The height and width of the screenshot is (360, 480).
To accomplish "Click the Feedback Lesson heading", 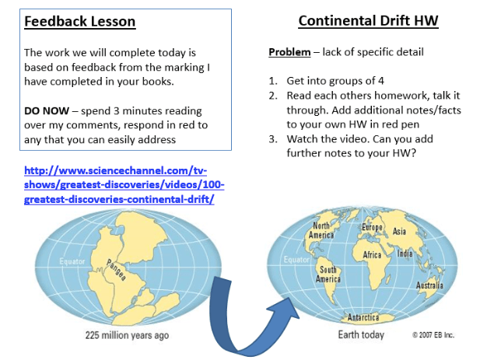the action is pos(80,22).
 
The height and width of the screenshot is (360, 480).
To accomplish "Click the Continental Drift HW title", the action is pos(368,21).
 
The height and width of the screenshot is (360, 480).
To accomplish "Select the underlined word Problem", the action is pos(289,52).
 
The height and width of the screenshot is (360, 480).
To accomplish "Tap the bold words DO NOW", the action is pos(47,110).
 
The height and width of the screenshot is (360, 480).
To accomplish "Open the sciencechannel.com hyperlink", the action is pos(124,185).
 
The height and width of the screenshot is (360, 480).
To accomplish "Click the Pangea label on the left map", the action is pos(116,270).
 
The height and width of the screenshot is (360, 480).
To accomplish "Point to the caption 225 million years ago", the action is pos(127,335).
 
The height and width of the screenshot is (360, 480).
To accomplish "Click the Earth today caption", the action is pos(361,334).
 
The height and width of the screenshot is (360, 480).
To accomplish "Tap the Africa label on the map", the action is pos(372,255).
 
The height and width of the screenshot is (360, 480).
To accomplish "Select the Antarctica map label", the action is pos(363,317).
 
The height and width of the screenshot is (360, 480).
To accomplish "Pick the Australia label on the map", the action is pos(429,285).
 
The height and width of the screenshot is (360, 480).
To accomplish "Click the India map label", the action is pos(405,253).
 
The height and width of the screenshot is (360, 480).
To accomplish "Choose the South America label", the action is pos(328,274).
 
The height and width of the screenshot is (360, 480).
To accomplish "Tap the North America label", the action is pos(321,230).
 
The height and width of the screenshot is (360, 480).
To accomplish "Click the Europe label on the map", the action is pos(372,227).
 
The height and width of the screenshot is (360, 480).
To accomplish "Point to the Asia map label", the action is pos(400,231).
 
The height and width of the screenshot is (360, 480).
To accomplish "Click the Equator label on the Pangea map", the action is pos(72,261).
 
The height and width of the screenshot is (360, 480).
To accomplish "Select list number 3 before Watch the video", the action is pos(273,139).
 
